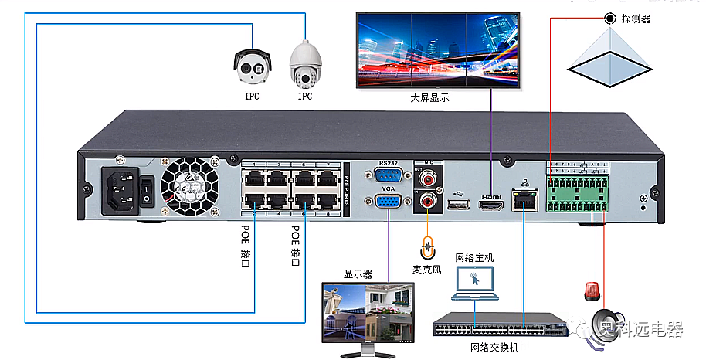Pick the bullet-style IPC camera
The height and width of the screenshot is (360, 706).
click(x=252, y=66)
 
